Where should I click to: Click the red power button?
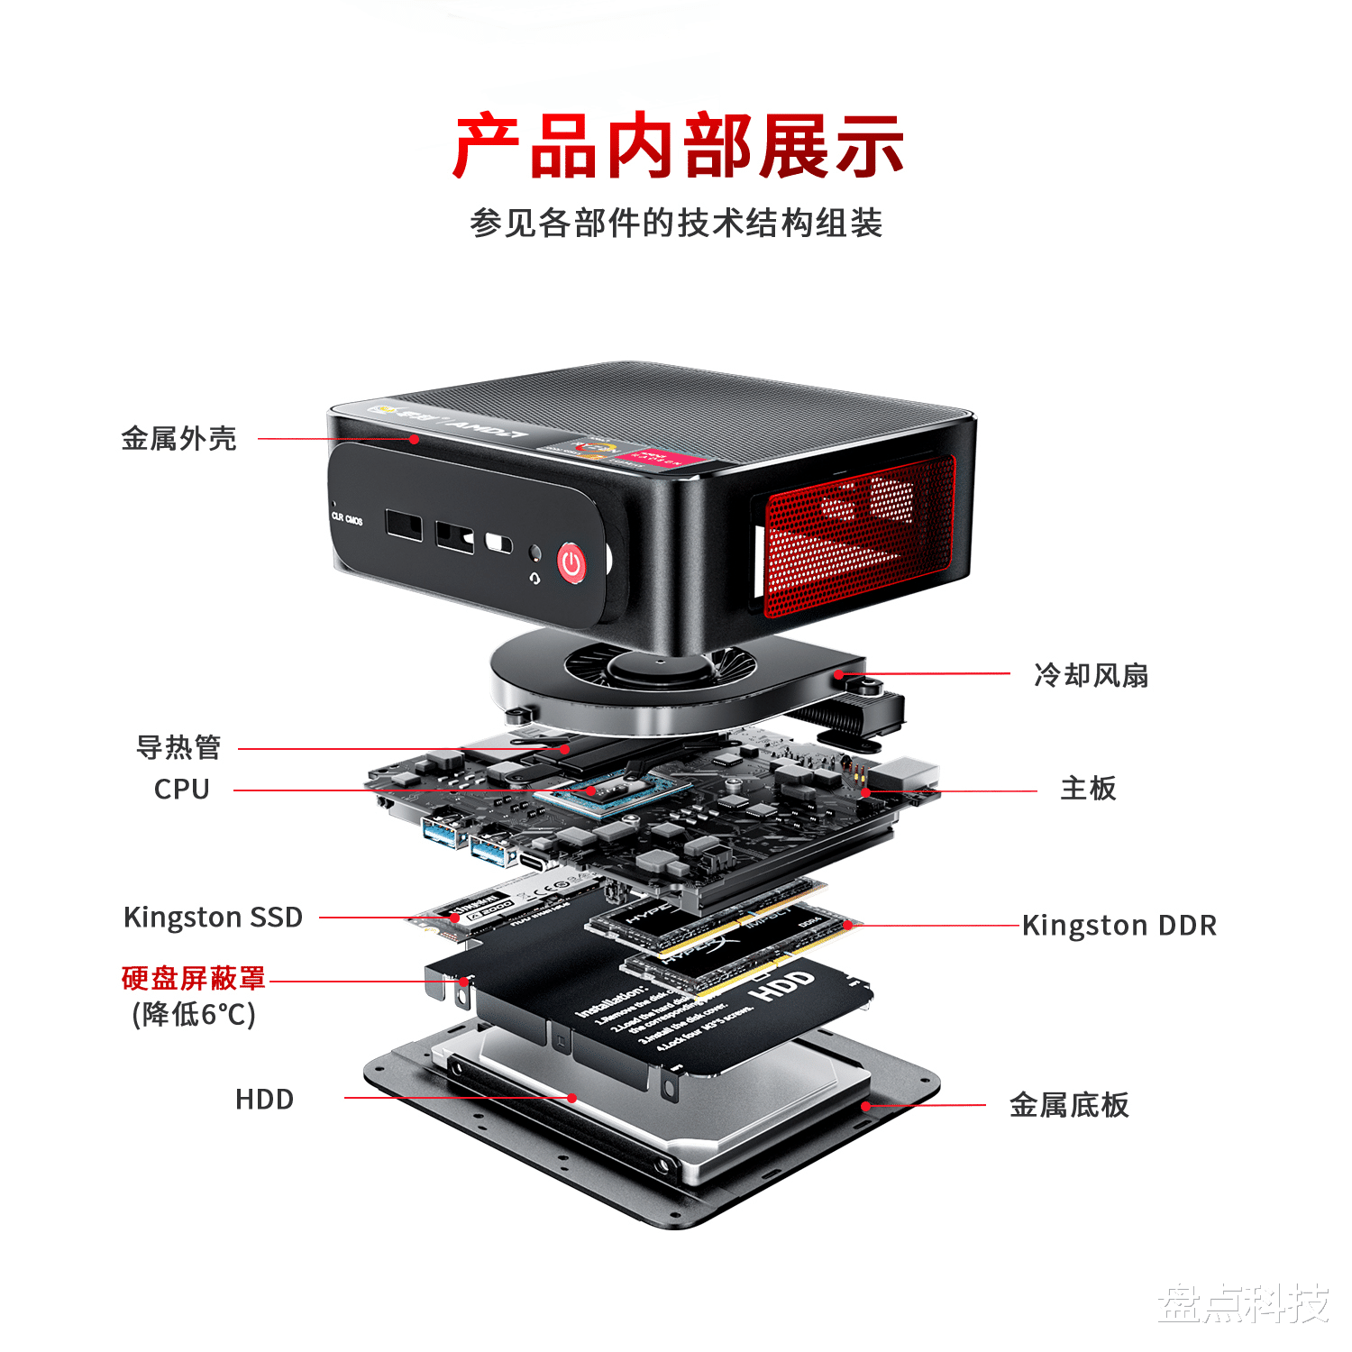[571, 563]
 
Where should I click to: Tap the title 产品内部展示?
[678, 146]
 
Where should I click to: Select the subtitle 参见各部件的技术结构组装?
[676, 223]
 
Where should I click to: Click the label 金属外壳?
[178, 439]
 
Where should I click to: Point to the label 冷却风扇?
[1091, 675]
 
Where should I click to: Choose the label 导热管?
[178, 747]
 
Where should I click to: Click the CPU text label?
[181, 790]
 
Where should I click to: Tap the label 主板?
[1088, 789]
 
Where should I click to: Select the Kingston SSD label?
[213, 918]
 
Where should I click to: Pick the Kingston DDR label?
[1119, 926]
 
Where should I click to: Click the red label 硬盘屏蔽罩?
[194, 978]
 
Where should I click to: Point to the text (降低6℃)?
[194, 1015]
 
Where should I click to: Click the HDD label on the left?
[264, 1100]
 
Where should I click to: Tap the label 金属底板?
[1069, 1105]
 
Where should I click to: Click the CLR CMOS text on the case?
[347, 518]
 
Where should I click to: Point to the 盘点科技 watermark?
[1243, 1303]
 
